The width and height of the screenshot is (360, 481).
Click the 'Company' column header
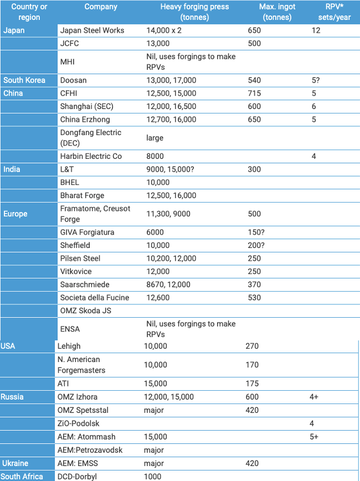click(101, 7)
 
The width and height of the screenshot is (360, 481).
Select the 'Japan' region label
click(14, 30)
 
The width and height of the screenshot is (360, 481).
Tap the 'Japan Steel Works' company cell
click(92, 30)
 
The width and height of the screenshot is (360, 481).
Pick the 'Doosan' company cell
click(73, 80)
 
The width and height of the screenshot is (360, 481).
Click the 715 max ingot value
click(254, 94)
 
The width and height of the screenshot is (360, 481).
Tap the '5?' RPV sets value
click(316, 80)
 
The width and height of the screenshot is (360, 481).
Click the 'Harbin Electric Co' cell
click(91, 156)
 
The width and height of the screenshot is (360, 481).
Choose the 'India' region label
click(12, 169)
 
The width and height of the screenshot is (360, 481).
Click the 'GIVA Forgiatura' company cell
click(88, 232)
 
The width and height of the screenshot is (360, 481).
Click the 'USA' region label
click(8, 346)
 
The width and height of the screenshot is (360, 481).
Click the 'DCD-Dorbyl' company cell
click(78, 477)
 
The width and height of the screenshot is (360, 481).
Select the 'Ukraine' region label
click(15, 463)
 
